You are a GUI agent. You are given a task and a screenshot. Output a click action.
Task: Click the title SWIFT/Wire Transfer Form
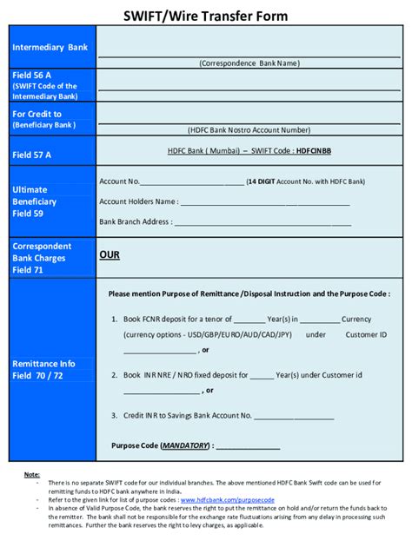pos(206,16)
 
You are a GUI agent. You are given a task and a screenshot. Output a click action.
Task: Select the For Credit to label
pos(37,114)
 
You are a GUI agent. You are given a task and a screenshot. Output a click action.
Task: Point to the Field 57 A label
pos(32,155)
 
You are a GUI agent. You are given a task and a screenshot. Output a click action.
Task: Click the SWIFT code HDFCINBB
pos(313,150)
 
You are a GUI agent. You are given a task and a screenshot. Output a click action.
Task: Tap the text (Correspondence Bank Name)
pos(249,63)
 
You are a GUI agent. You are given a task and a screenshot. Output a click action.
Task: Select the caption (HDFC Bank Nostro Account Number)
pos(249,130)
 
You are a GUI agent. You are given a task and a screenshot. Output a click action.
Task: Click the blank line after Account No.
pos(192,182)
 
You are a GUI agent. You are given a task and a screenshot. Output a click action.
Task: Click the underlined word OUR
pos(110,255)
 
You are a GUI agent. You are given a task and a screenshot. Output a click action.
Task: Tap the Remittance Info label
pos(43,363)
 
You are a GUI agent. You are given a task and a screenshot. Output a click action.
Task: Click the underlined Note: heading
pos(31,475)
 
